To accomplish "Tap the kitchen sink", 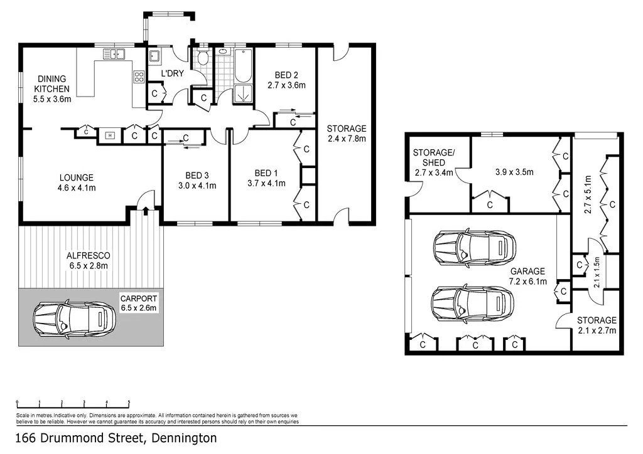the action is (114, 54).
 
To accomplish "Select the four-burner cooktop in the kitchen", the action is (139, 77).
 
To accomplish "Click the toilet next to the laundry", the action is (203, 57).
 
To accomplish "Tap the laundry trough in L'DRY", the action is (154, 56).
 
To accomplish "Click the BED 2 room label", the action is (286, 75).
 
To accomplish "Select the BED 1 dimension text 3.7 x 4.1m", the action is (266, 183).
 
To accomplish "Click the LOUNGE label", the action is (77, 177).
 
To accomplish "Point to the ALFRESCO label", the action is (88, 255).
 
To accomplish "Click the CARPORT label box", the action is (139, 303).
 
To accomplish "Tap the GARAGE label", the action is (527, 271).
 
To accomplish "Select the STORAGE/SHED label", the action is (433, 157).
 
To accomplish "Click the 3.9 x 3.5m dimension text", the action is (514, 172).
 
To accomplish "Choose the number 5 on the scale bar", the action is (129, 402).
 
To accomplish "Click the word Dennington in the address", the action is (184, 438).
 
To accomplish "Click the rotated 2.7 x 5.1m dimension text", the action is (587, 194).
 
